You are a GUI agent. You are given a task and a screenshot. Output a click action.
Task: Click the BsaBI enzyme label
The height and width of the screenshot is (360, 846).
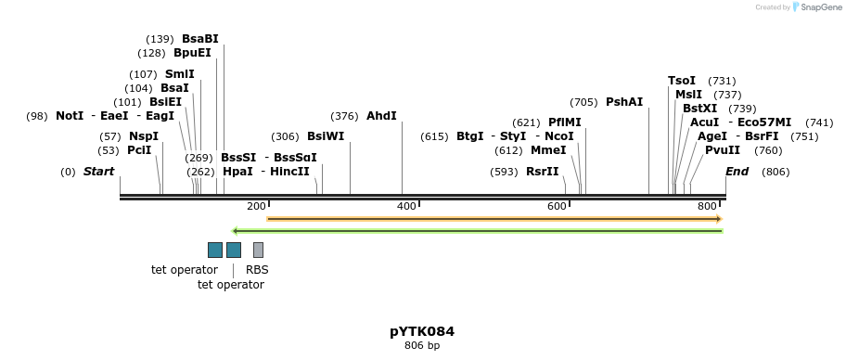pos(199,39)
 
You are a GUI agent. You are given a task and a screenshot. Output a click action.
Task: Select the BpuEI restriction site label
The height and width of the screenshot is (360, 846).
pos(192,53)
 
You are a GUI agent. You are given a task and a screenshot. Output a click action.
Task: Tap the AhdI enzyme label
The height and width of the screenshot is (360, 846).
pos(381,116)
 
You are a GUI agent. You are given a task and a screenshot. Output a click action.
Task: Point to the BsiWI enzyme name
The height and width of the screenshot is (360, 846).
pos(326,136)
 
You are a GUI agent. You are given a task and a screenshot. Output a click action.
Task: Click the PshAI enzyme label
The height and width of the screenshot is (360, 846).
pos(624,102)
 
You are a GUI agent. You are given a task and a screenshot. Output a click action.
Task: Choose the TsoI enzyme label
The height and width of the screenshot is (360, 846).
pos(682,81)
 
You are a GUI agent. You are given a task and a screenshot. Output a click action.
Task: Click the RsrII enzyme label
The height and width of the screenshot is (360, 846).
pos(543,172)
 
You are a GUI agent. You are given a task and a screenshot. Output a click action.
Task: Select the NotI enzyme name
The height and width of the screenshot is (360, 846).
pos(70,116)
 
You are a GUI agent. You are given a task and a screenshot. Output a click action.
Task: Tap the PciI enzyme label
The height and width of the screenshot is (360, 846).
pos(139,150)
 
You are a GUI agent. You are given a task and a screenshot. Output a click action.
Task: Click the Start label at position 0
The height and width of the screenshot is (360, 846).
pos(98,172)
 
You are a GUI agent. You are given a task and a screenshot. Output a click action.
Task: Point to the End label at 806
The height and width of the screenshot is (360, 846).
pos(737,172)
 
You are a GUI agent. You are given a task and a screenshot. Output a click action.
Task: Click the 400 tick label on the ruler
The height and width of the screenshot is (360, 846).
pos(406,206)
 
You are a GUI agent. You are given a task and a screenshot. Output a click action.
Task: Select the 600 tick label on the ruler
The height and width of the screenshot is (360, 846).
pos(557,206)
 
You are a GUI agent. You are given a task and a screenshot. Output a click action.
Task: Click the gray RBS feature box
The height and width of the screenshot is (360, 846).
pos(258,250)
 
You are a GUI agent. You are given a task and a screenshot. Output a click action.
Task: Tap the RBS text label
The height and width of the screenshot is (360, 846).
pos(257,270)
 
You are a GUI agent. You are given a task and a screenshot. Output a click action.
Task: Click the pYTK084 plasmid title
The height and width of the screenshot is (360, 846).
pos(422,331)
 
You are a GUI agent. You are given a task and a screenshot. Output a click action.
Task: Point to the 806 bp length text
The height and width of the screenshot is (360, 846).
pos(422,346)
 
